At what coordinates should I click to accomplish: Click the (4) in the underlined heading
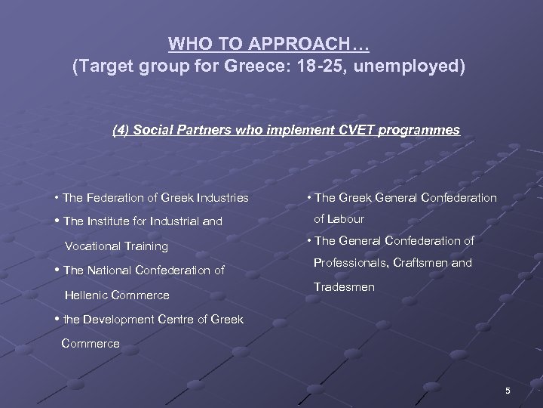tap(120, 130)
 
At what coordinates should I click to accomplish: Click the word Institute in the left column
tap(111, 222)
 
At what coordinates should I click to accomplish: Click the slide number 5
tap(508, 390)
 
